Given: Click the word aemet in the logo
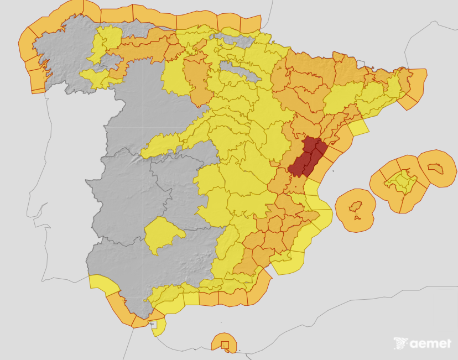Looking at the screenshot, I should tap(430, 344).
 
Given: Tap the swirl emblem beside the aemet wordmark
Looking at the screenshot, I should tap(401, 343).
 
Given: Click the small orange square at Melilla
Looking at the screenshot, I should tap(225, 345).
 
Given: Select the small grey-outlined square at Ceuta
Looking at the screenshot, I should tap(154, 325).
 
